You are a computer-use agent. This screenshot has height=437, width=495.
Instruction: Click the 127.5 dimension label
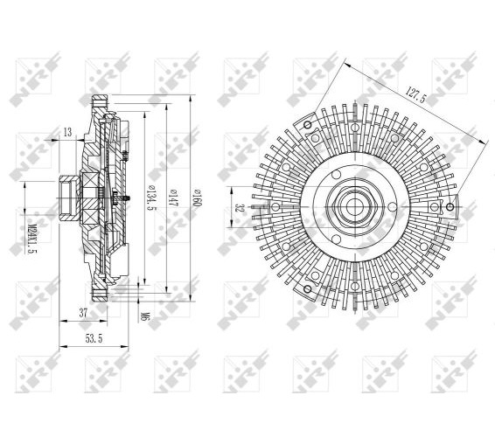point(415,94)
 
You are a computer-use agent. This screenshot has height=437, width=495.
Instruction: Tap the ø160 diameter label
point(197,198)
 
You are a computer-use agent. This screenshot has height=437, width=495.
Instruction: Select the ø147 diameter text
point(172,198)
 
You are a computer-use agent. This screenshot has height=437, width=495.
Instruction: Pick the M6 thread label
point(145,316)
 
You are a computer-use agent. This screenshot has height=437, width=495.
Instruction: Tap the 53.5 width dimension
point(94,338)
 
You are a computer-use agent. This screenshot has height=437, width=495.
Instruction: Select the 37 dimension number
point(83,313)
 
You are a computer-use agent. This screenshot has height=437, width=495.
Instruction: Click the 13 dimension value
point(68,132)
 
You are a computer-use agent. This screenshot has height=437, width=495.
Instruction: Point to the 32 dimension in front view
point(240,208)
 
